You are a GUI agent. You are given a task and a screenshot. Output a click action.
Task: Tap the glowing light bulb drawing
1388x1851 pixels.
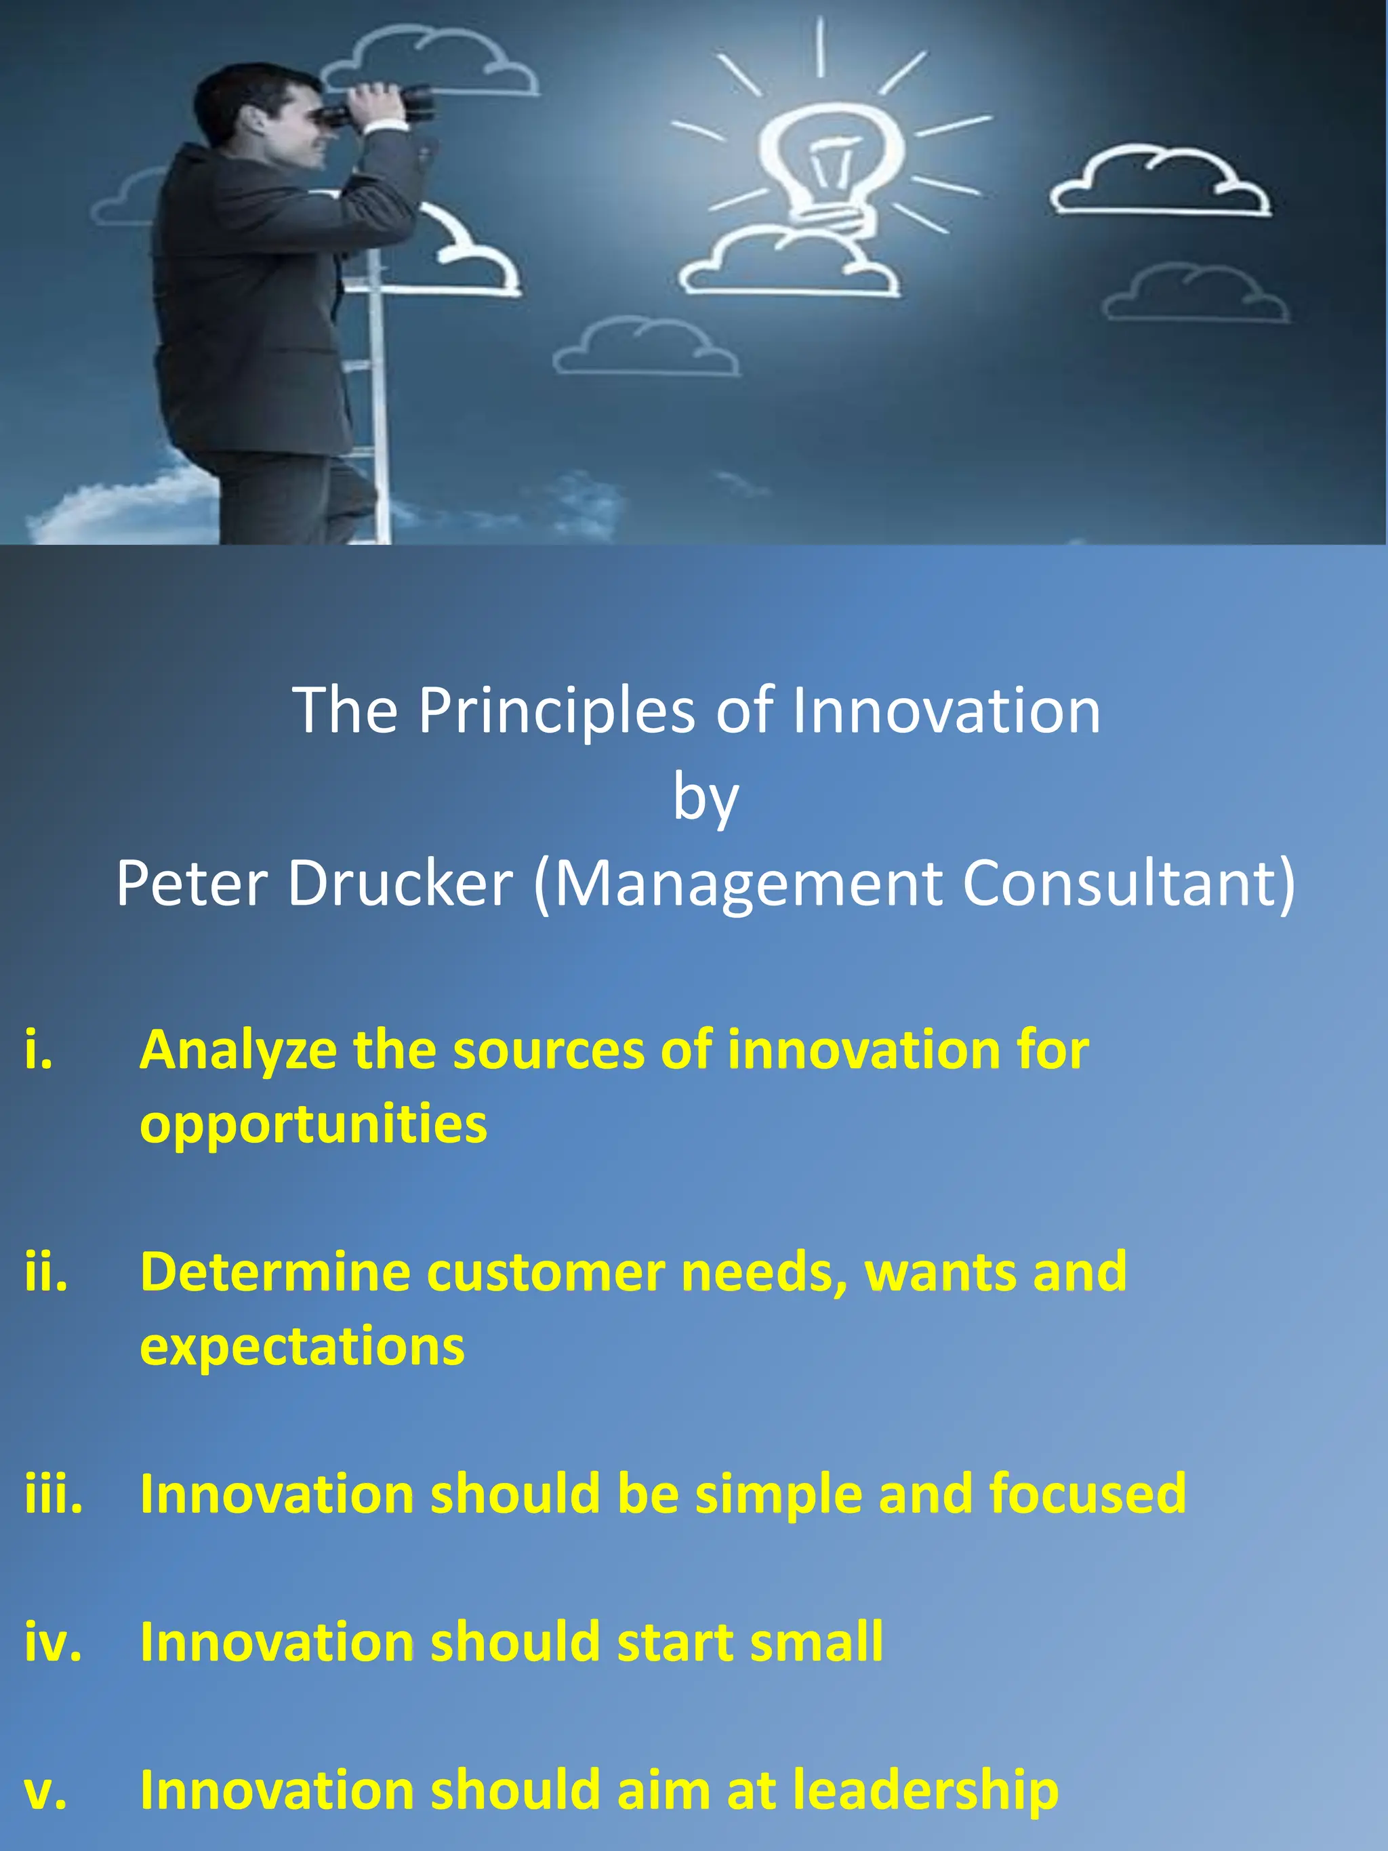(x=832, y=163)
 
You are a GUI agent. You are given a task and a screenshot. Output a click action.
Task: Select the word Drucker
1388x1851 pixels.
(x=400, y=884)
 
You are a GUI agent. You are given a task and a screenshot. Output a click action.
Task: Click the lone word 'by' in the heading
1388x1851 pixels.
(x=706, y=799)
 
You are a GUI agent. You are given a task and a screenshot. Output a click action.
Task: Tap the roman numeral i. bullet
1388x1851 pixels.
(x=39, y=1049)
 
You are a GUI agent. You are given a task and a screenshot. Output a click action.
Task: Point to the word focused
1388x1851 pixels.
(x=1087, y=1493)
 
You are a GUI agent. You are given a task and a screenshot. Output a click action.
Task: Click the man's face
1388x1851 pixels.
(x=297, y=125)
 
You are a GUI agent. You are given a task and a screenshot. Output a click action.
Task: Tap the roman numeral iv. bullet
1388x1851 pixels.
(x=53, y=1642)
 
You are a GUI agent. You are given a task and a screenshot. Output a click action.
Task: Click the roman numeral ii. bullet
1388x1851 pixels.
(x=46, y=1272)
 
